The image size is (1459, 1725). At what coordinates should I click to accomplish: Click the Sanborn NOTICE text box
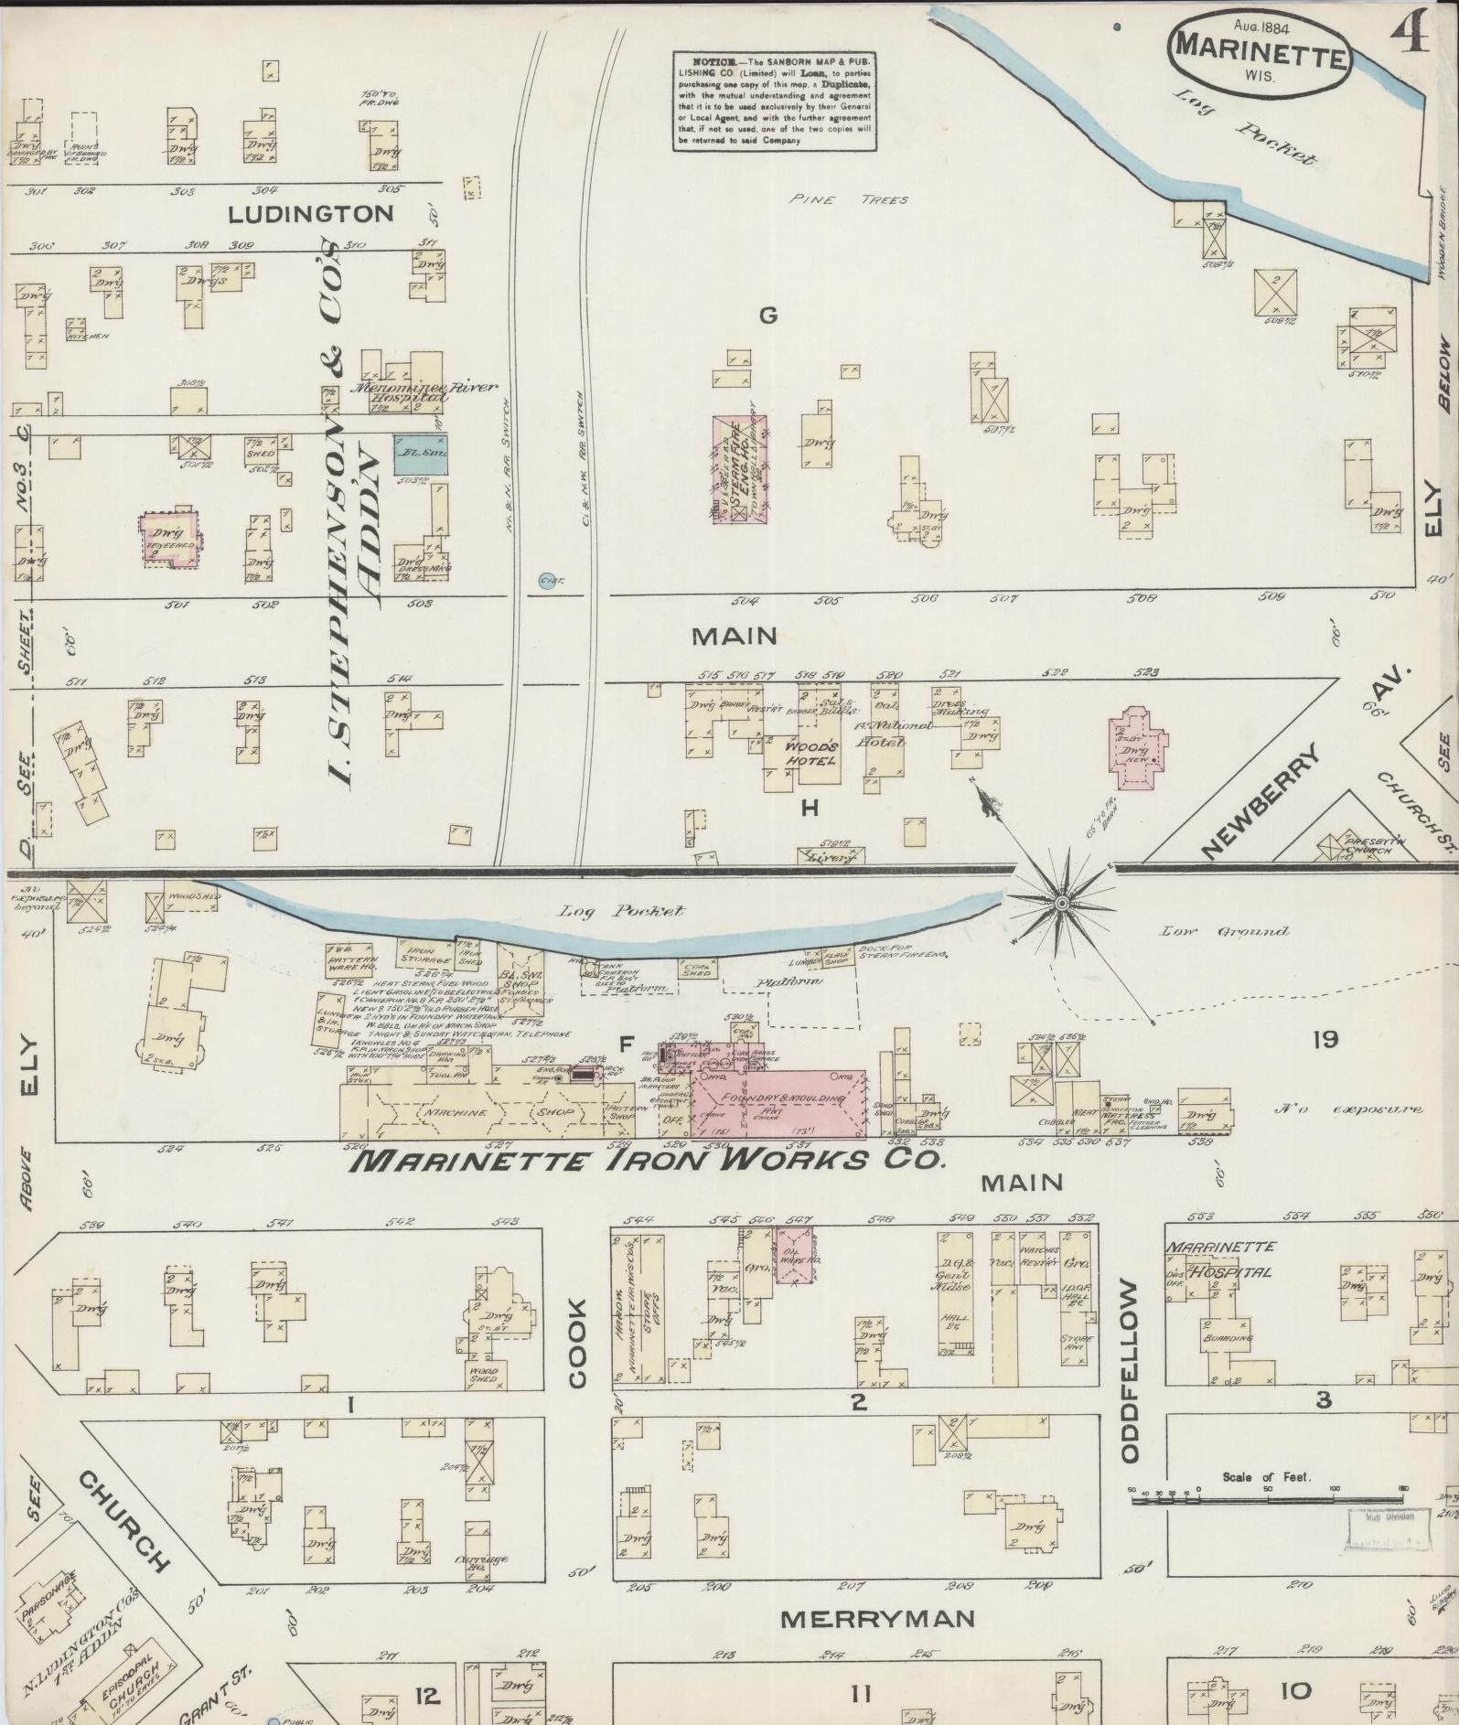point(773,100)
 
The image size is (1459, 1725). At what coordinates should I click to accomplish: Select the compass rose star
point(1062,903)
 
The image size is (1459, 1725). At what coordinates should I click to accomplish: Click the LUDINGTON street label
point(311,215)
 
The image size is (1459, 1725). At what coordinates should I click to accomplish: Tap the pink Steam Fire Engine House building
point(739,468)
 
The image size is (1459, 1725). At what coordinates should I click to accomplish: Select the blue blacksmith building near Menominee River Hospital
point(422,453)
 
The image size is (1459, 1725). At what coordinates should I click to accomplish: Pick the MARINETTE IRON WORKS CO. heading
point(647,1161)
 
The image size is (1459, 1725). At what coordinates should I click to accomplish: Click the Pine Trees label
point(850,199)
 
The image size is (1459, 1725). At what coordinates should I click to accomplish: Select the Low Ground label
point(1225,931)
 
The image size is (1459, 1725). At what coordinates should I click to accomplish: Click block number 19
point(1325,1039)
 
